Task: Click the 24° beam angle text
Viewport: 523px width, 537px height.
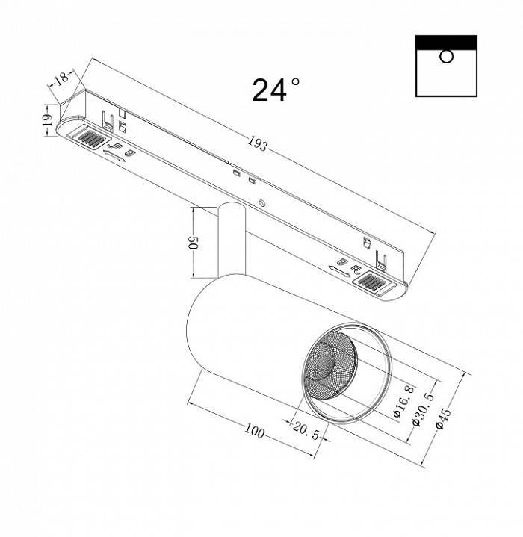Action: [x=276, y=90]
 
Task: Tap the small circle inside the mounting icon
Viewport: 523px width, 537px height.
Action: [x=446, y=57]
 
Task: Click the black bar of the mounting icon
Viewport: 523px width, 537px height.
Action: [x=446, y=42]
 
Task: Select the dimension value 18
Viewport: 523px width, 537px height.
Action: [x=62, y=78]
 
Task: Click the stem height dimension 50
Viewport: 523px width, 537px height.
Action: [x=191, y=243]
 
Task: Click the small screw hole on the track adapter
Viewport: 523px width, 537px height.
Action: [x=262, y=203]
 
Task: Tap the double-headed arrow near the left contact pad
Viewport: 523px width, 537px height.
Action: [x=113, y=155]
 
